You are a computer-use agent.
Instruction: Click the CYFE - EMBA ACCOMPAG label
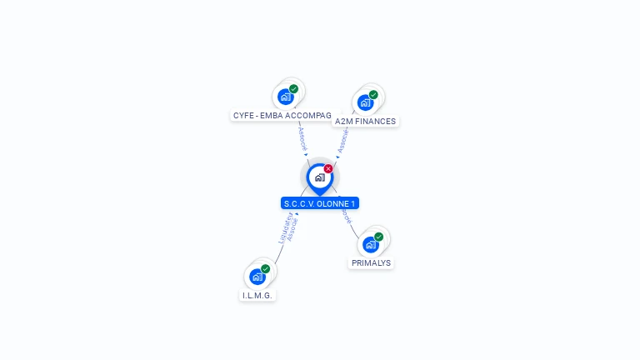point(282,115)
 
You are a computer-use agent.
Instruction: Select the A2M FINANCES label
point(365,122)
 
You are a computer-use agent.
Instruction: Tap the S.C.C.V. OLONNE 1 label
point(320,203)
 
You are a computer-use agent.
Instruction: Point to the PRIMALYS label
point(371,262)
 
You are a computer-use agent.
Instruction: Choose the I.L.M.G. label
point(257,295)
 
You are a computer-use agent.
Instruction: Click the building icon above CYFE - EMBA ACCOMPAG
point(286,96)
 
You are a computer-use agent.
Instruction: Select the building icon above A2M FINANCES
point(365,102)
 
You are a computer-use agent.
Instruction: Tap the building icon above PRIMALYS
point(370,244)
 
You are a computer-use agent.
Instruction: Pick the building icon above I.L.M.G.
point(257,277)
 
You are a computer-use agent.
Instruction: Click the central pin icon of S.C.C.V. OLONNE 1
point(319,177)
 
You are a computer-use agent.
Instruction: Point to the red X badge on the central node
point(328,168)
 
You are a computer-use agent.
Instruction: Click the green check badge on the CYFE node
point(293,88)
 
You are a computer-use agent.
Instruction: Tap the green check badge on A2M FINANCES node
point(373,95)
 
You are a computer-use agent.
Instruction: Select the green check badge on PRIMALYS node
point(378,237)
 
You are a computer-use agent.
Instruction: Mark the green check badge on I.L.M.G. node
point(265,269)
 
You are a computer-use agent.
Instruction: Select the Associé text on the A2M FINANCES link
point(342,140)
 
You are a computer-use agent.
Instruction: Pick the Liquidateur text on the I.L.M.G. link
point(284,226)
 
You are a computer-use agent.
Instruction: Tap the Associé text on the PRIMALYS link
point(346,213)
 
